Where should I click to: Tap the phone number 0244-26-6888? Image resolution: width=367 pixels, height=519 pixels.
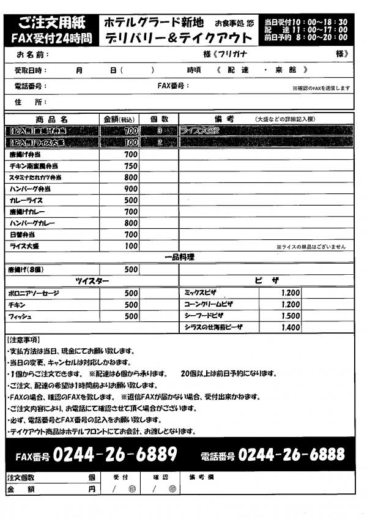292,455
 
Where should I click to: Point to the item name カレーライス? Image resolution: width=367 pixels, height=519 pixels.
26,200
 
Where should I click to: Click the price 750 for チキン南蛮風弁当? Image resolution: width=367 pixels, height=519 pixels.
130,166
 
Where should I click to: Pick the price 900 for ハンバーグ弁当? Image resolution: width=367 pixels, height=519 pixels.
130,189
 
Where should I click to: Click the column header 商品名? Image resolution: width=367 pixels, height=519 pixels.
51,119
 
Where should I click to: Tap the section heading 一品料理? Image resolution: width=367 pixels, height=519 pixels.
179,258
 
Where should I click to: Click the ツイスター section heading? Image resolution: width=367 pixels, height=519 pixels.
92,281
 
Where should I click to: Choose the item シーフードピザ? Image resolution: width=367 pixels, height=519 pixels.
204,316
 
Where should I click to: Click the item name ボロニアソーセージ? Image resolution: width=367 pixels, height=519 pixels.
34,293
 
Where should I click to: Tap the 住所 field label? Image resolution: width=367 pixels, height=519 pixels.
29,102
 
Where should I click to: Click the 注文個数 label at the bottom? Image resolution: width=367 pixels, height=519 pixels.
21,477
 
